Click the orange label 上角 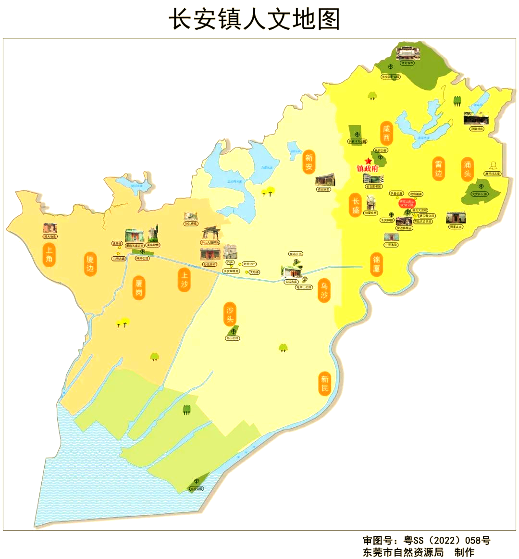49,255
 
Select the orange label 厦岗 139,287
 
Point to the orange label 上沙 184,279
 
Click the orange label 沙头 230,314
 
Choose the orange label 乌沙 324,290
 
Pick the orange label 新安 309,162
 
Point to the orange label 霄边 438,169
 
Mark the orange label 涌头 468,169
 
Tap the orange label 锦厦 376,263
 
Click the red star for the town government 368,161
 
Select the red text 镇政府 368,169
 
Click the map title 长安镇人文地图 254,19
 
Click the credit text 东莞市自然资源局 404,552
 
